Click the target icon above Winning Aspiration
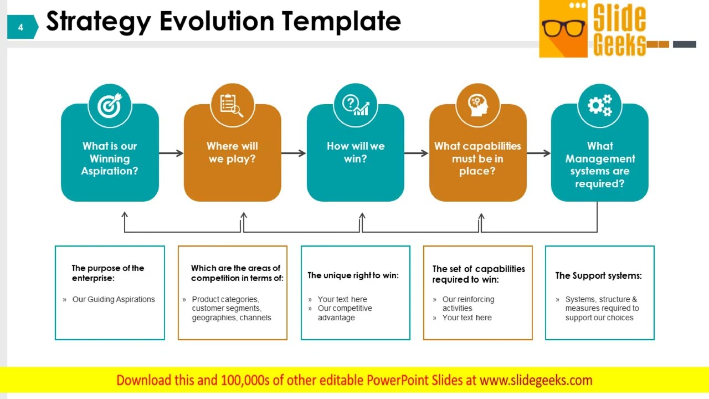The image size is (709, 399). [110, 105]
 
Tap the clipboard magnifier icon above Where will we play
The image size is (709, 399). [232, 105]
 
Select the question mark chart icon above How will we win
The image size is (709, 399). [355, 105]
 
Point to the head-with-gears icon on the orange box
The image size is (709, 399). [477, 105]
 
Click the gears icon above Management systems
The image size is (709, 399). [599, 105]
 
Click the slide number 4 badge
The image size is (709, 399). [21, 27]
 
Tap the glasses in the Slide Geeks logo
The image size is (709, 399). [563, 28]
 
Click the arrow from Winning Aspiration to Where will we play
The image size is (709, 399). [171, 153]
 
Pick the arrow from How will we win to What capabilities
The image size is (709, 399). [416, 153]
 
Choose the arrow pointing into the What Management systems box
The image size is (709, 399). [538, 153]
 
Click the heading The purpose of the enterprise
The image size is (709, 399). [108, 273]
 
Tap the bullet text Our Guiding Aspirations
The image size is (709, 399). [114, 299]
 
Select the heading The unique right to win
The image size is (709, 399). [353, 275]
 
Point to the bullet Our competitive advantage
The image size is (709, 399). [345, 313]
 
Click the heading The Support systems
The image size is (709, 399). [598, 275]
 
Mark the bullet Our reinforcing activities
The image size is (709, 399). [468, 304]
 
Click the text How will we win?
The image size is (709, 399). [355, 152]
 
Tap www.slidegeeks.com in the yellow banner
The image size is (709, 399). [536, 380]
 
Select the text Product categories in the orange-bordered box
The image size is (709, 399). [225, 299]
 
